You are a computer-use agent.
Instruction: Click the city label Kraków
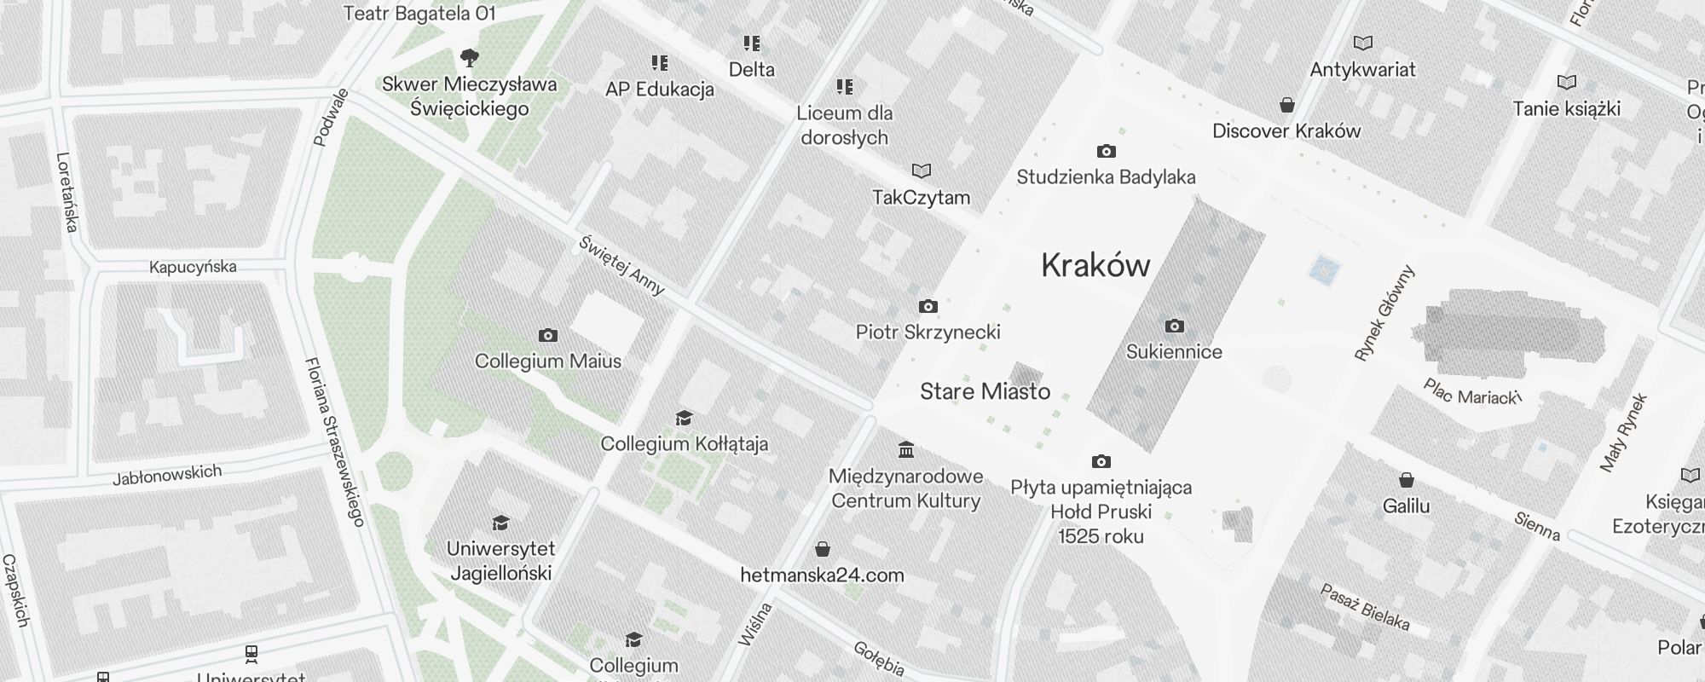pos(1095,266)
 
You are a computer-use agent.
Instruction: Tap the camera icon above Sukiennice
pos(1174,326)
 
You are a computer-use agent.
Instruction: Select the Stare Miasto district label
pos(985,392)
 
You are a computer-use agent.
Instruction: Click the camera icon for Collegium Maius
pos(548,336)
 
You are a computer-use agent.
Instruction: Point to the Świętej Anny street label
pos(621,265)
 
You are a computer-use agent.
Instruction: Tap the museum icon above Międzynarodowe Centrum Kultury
pos(906,449)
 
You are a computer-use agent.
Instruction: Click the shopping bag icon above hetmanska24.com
pos(823,548)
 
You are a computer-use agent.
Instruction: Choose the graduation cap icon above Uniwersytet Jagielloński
pos(500,522)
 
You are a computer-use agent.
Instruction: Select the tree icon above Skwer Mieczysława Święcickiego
pos(469,58)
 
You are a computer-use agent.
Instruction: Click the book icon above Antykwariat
pos(1363,43)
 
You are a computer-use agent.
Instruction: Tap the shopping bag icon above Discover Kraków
pos(1287,105)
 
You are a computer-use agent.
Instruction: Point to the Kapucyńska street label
pos(193,268)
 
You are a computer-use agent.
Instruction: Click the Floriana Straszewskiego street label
pos(334,442)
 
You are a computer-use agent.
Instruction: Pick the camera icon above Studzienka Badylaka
pos(1106,152)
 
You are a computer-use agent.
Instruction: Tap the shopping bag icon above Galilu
pos(1406,481)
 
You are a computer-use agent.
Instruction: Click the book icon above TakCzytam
pos(922,170)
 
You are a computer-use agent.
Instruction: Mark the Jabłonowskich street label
pos(167,475)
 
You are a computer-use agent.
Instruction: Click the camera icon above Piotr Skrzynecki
pos(928,307)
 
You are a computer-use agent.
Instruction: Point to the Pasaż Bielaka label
pos(1364,607)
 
